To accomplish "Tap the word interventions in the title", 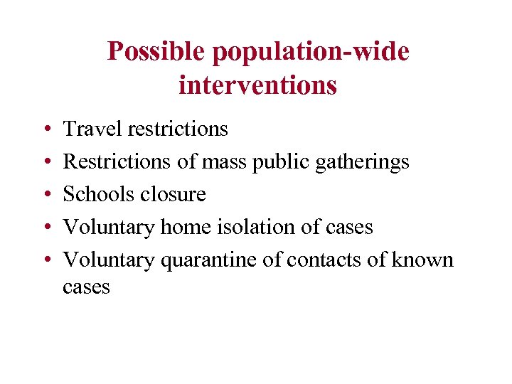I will coord(257,85).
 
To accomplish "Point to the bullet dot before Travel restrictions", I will coord(45,129).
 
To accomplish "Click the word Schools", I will coord(97,194).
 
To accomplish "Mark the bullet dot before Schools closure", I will coord(45,195).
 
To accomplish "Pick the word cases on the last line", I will coord(87,287).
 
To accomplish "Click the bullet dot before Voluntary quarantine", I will coord(45,260).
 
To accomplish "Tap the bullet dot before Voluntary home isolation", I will coord(45,228).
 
